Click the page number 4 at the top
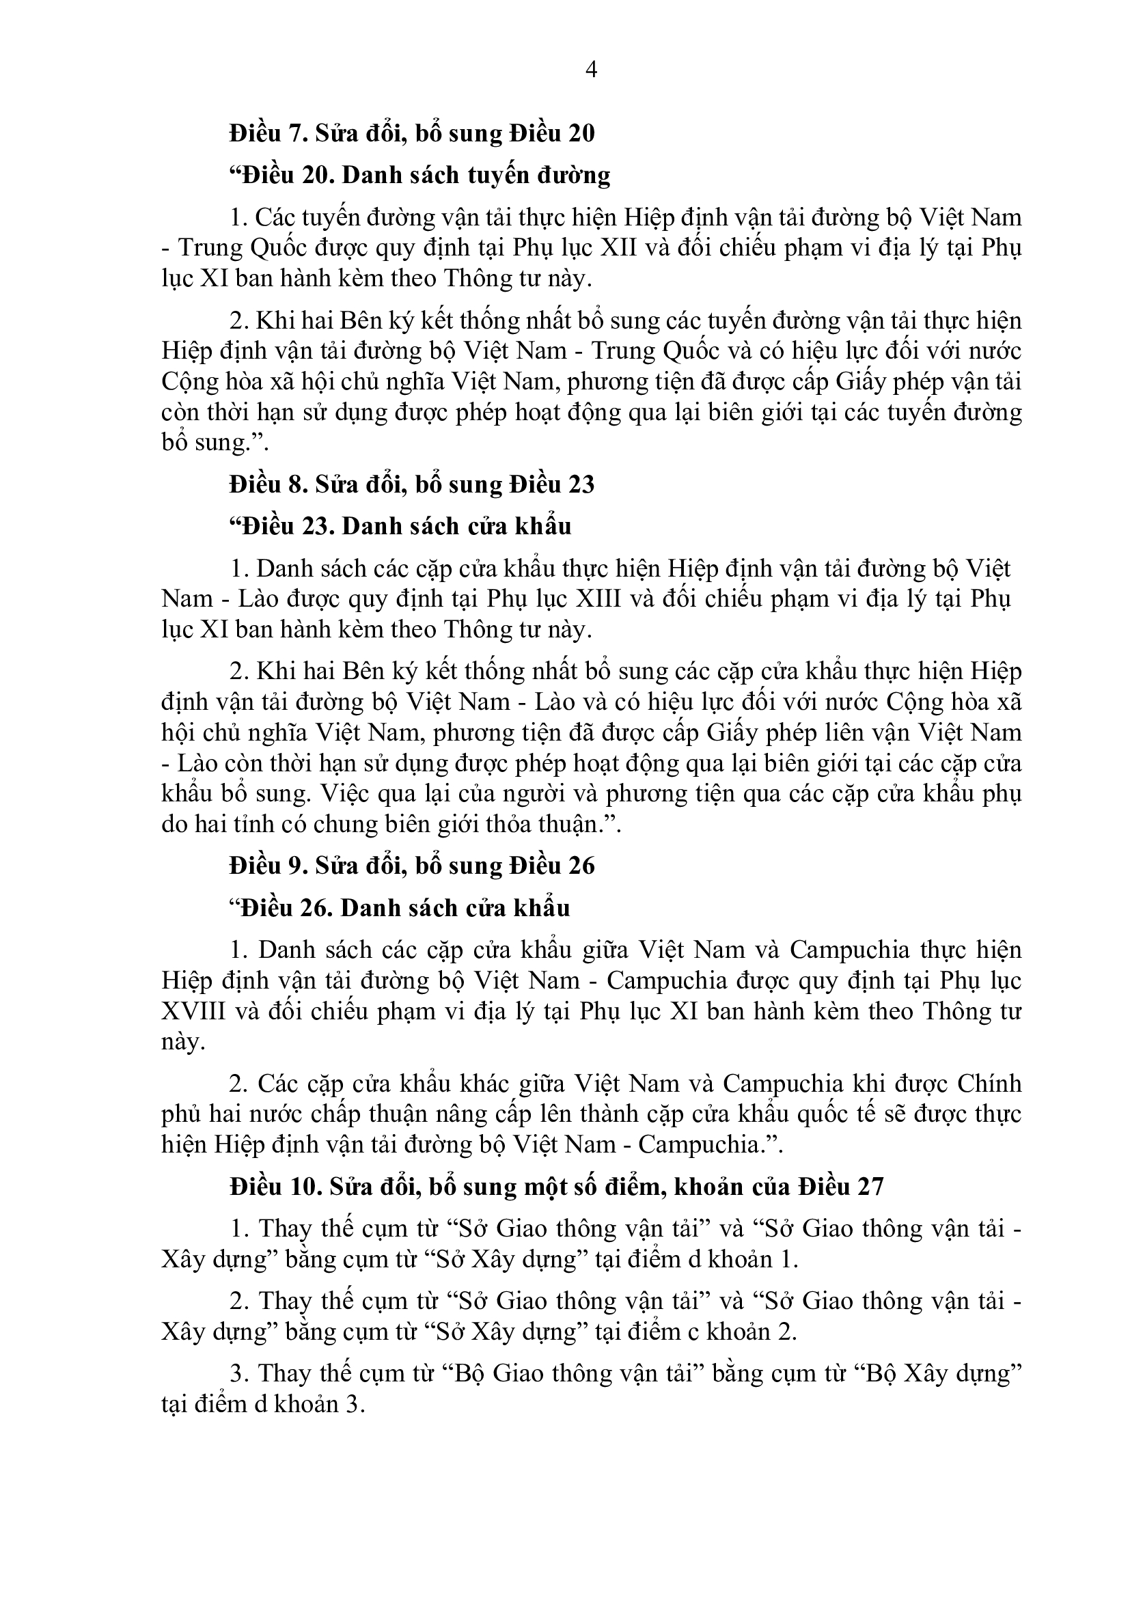pyautogui.click(x=592, y=70)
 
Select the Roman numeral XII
pyautogui.click(x=619, y=249)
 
